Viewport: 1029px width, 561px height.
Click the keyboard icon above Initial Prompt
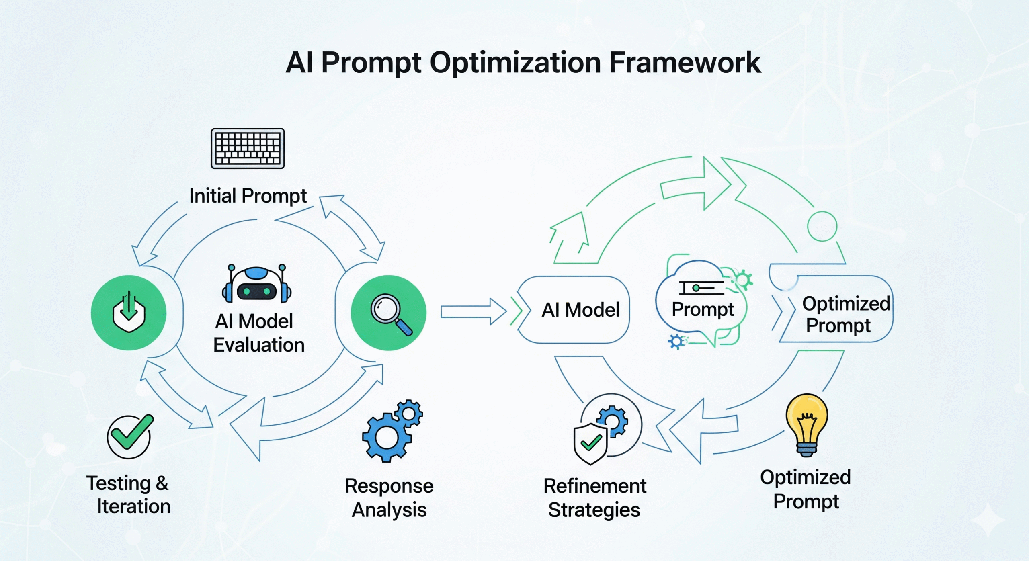248,148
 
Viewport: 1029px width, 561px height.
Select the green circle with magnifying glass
388,313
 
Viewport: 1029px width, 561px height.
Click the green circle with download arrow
129,313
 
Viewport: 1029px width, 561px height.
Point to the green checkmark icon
129,436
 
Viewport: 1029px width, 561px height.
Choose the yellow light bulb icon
807,424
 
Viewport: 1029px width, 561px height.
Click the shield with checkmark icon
590,443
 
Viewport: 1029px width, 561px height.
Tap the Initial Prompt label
248,196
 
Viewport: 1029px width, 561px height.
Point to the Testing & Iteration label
129,494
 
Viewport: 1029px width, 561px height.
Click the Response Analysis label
389,498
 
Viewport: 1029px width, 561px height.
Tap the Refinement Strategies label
594,498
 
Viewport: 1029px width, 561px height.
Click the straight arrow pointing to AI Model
473,312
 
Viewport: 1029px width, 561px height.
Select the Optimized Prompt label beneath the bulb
806,489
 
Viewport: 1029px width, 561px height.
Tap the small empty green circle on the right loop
822,226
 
